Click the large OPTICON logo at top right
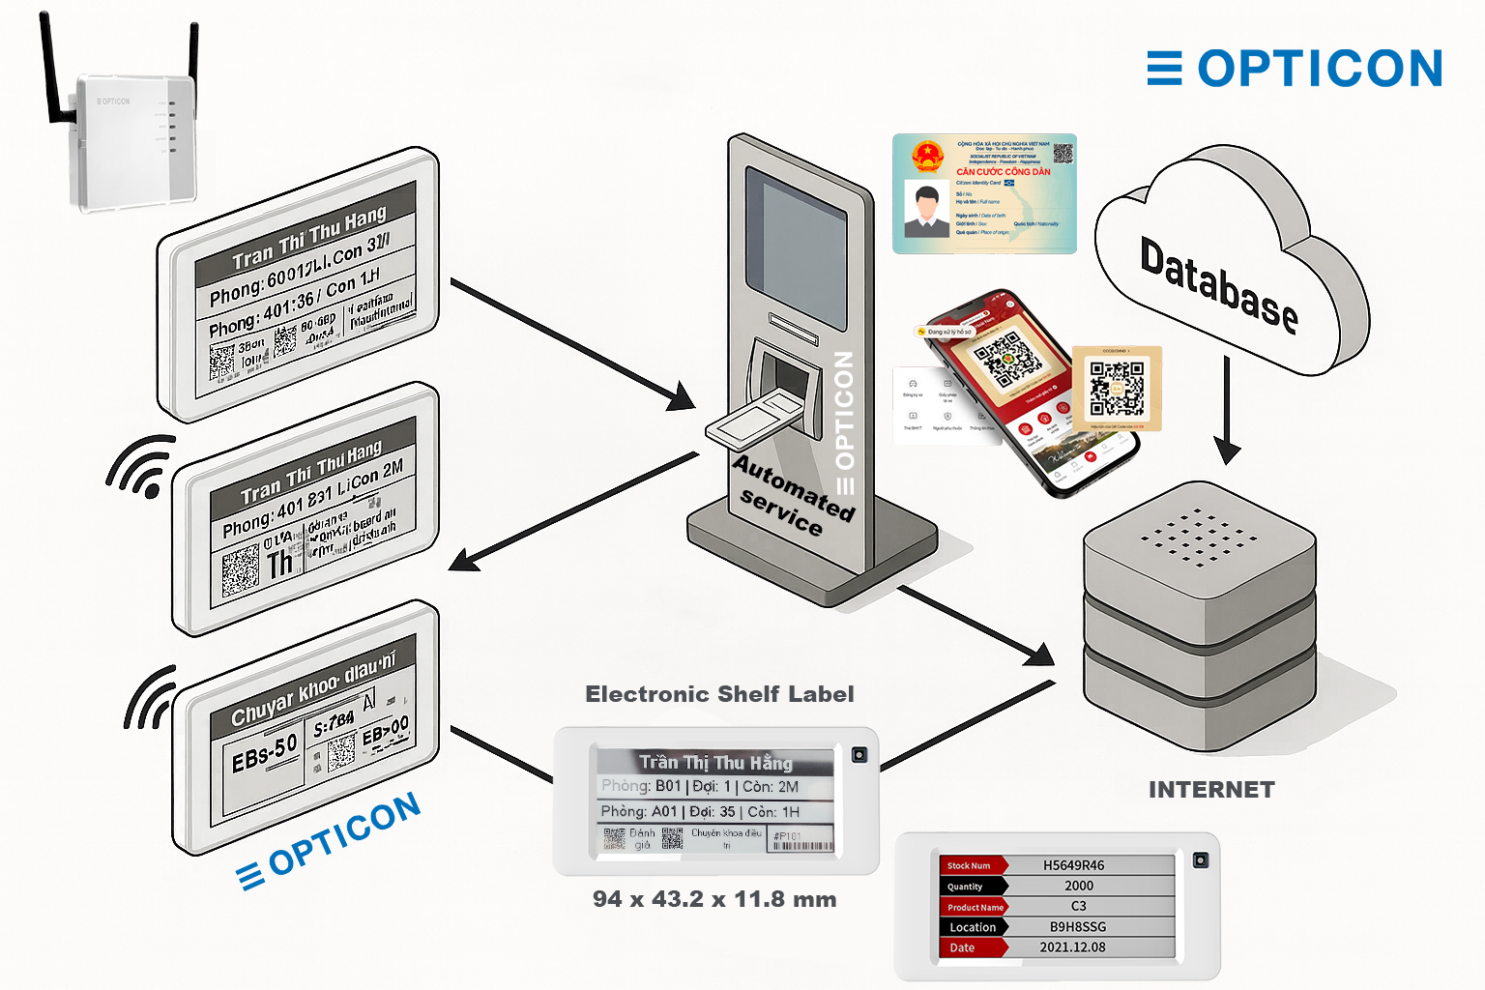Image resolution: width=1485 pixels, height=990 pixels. click(x=1296, y=69)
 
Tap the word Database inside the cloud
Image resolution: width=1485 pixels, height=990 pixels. click(x=1217, y=285)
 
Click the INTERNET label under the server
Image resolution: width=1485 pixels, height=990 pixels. click(x=1211, y=790)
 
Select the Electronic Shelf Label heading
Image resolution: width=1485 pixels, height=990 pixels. click(x=719, y=694)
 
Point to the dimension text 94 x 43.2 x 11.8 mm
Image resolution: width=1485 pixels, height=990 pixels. click(x=714, y=899)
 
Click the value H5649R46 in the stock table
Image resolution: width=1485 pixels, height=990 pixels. click(x=1073, y=865)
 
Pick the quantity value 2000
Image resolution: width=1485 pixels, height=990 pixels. click(x=1079, y=886)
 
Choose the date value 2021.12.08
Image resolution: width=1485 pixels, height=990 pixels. click(x=1072, y=947)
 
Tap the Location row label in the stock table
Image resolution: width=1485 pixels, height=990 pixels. click(x=972, y=927)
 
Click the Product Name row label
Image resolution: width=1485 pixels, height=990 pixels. click(x=975, y=907)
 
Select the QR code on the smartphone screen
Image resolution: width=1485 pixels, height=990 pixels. click(x=1006, y=357)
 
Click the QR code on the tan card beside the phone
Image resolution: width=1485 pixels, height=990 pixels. click(x=1117, y=387)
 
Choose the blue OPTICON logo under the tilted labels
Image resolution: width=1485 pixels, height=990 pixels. click(x=330, y=839)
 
